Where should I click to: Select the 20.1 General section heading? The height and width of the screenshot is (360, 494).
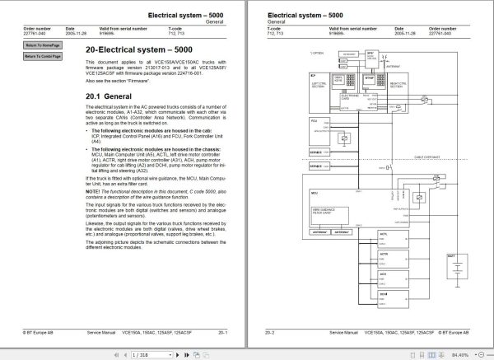113,95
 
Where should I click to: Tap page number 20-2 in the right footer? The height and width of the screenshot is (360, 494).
269,332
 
